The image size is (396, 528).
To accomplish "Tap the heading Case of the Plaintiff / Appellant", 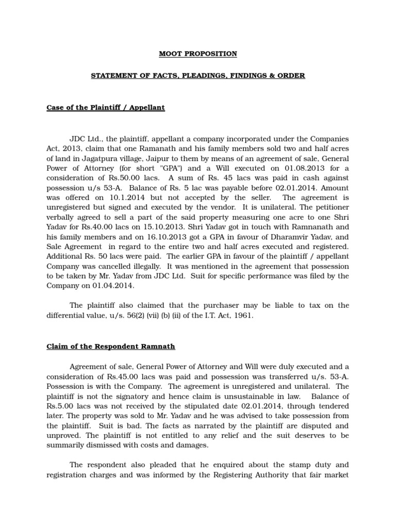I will (106, 107).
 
